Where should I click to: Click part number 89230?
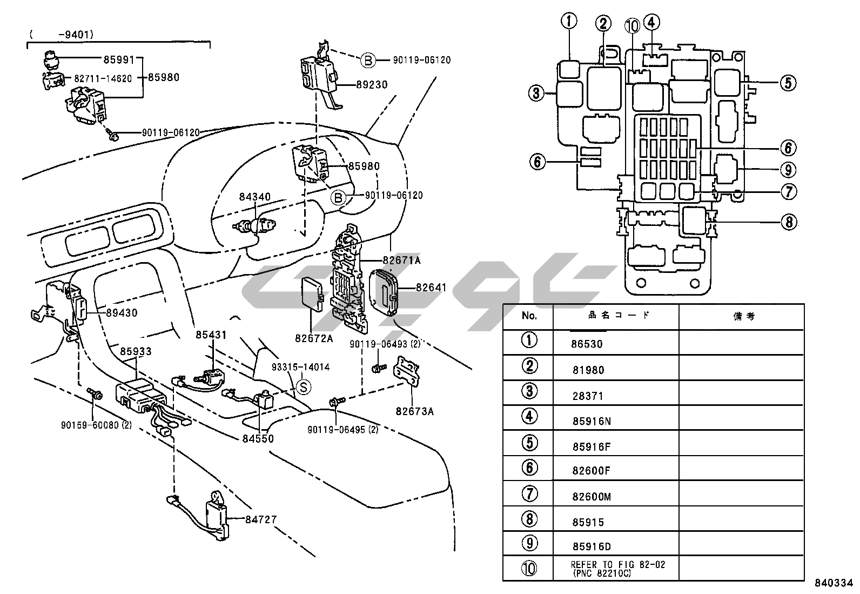point(371,85)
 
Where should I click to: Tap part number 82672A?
point(314,338)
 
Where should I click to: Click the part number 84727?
point(260,519)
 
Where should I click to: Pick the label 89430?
point(122,312)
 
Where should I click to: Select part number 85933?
point(136,351)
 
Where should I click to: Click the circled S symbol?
point(304,387)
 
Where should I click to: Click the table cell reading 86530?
point(587,344)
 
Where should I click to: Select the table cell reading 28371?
point(588,396)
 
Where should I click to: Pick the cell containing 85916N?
point(592,421)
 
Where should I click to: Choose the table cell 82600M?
point(592,497)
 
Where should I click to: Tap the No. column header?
point(529,316)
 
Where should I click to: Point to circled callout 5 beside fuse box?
point(787,83)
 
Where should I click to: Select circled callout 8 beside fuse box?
point(788,222)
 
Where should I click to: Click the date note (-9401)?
point(62,35)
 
